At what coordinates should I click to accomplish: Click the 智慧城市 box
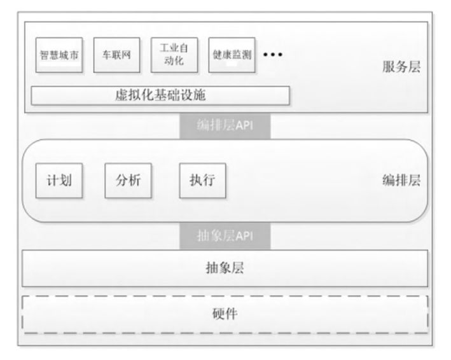(x=59, y=55)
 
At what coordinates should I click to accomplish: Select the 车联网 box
(x=116, y=55)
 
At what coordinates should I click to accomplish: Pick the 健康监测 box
(x=232, y=55)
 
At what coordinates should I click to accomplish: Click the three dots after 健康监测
(x=272, y=55)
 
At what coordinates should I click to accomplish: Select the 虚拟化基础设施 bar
(x=160, y=96)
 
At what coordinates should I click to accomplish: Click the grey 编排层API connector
(x=226, y=125)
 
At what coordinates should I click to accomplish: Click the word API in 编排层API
(x=244, y=125)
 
